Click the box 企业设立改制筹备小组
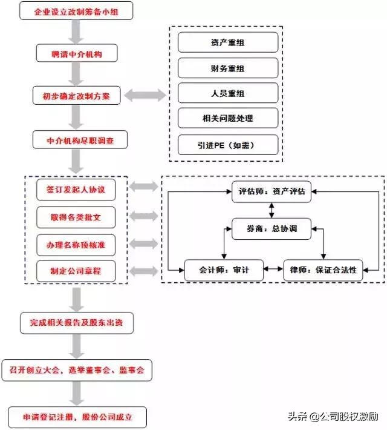(76, 12)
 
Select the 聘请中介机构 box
(76, 54)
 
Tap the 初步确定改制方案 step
(76, 96)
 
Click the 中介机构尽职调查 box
(80, 140)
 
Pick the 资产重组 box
(228, 42)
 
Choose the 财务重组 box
(228, 68)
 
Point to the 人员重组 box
(228, 93)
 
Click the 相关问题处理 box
(228, 119)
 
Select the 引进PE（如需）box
(228, 145)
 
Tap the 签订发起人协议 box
(76, 189)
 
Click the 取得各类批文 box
(76, 216)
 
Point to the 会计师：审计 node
(224, 270)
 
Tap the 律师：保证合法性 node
(324, 270)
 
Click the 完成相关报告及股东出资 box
(76, 323)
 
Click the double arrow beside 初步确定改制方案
(145, 95)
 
